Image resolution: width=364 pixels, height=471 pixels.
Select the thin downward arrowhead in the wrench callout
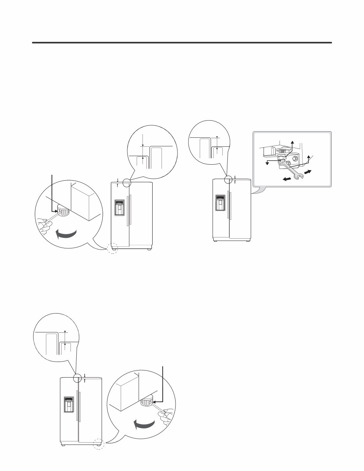point(267,164)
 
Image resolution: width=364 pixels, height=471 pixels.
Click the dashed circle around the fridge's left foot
point(113,248)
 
